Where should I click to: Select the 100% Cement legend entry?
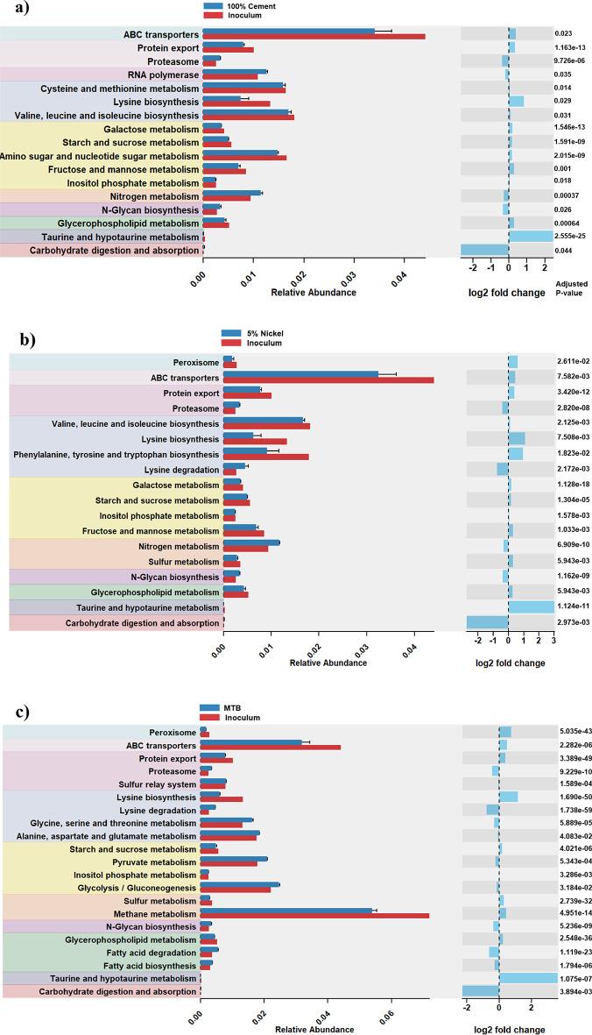click(x=244, y=7)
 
